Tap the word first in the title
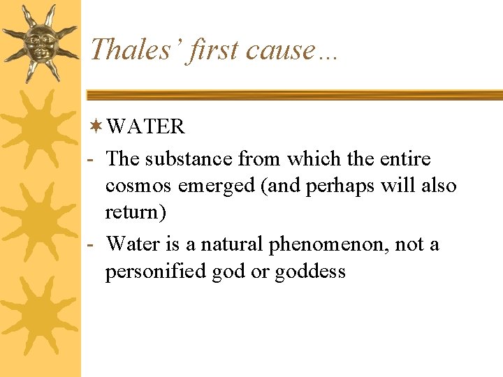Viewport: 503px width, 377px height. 212,50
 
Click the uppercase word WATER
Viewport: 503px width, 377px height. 146,127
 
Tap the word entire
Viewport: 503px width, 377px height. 405,159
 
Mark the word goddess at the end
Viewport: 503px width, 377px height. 309,272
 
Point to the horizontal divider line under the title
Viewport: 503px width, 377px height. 293,94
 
